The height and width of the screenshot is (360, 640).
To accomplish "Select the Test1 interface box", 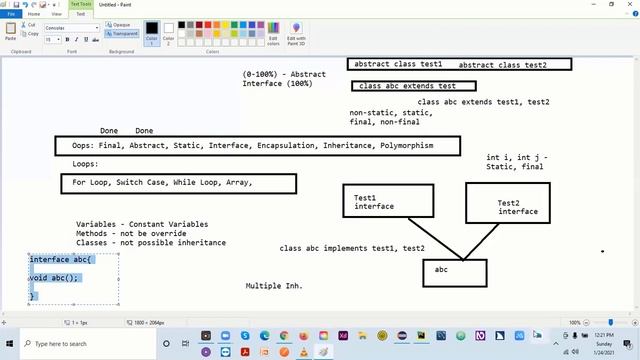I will pyautogui.click(x=388, y=201).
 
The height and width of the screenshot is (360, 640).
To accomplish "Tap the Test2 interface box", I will pyautogui.click(x=518, y=207).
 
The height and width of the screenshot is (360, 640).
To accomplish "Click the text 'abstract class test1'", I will pyautogui.click(x=397, y=64).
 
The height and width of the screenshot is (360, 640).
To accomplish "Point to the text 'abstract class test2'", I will pyautogui.click(x=503, y=65).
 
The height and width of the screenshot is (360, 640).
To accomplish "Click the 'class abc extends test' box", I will pyautogui.click(x=407, y=86).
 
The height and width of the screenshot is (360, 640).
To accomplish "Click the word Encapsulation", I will pyautogui.click(x=286, y=146).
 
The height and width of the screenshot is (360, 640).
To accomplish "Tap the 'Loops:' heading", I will pyautogui.click(x=85, y=164).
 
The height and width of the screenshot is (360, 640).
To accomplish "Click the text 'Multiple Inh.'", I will pyautogui.click(x=274, y=286).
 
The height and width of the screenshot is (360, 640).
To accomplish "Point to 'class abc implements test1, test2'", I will pyautogui.click(x=352, y=248).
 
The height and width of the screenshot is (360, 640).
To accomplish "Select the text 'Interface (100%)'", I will pyautogui.click(x=278, y=84).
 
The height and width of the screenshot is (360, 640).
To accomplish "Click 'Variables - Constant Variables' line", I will pyautogui.click(x=147, y=224).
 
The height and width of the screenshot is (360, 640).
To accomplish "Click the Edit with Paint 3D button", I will pyautogui.click(x=296, y=34).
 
